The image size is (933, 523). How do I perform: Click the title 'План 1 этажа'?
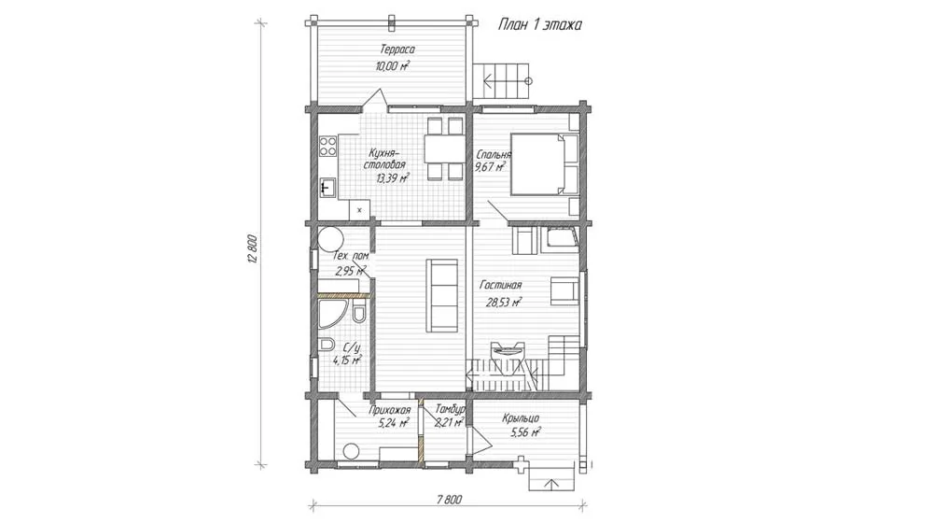tap(539, 24)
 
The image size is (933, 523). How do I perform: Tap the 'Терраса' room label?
tap(397, 49)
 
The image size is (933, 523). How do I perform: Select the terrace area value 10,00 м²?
tap(393, 65)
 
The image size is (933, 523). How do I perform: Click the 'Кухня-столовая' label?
tap(386, 159)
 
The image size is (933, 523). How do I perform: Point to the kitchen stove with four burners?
tap(327, 146)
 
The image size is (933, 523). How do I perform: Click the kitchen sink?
tap(327, 189)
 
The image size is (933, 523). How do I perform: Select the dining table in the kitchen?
tap(444, 148)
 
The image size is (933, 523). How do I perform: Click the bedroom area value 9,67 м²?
tap(490, 167)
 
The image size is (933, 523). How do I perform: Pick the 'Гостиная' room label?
tap(501, 286)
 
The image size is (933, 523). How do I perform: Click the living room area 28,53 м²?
tap(504, 302)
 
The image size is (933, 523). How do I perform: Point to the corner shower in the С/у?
tap(329, 314)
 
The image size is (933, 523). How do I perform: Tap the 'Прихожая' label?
tap(390, 410)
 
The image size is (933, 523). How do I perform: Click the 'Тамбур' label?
tap(450, 409)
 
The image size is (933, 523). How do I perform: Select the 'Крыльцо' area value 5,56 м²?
tap(526, 433)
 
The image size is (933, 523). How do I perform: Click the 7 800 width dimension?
tap(448, 500)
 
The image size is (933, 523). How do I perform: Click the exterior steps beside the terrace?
tap(501, 81)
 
